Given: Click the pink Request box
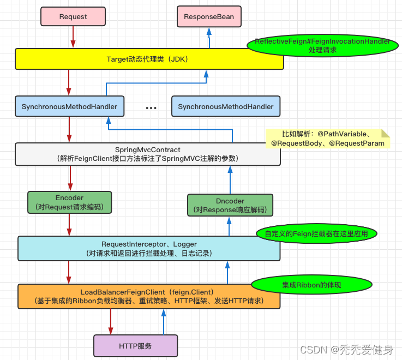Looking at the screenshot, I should tap(73, 17).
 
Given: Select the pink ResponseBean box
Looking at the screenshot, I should tap(209, 17).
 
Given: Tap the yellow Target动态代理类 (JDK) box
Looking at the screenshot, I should tap(149, 59).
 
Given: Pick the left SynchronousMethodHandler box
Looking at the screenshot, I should tap(69, 106).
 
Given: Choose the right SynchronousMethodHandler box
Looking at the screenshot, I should tap(226, 106).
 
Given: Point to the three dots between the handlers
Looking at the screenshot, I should tap(151, 109).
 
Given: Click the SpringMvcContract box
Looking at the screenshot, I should tap(148, 154).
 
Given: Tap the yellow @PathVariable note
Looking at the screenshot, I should tap(328, 139).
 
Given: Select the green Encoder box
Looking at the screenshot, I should tap(69, 202).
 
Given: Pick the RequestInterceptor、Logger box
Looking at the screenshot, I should tap(149, 249).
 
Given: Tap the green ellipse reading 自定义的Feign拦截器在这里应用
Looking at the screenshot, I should tap(317, 233).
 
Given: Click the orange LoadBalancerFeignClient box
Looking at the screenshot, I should tap(149, 296).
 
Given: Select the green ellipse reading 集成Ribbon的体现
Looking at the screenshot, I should tap(312, 285).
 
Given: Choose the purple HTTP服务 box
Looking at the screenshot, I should tap(135, 346).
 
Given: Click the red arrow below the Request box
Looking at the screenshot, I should tap(73, 37).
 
